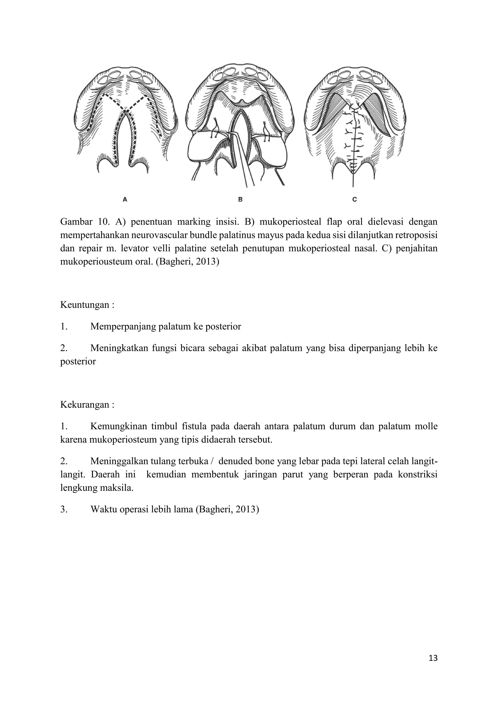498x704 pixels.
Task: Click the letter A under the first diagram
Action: pos(125,199)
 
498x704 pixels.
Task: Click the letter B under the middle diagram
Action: pos(240,199)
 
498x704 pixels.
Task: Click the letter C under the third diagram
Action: pos(355,199)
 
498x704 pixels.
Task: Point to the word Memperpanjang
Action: pos(123,326)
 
